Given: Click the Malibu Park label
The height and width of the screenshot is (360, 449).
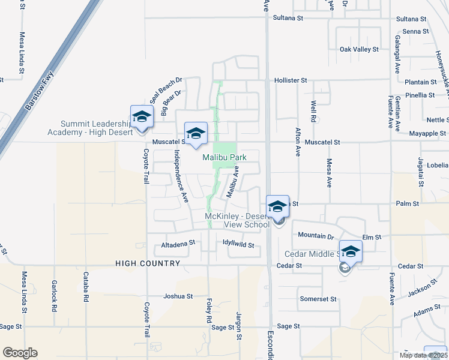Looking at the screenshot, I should click(x=224, y=157).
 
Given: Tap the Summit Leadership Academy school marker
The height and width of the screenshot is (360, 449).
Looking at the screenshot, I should click(x=142, y=117).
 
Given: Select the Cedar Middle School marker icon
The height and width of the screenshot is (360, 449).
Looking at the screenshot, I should click(x=351, y=251).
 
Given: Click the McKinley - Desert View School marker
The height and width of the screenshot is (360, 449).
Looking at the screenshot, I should click(x=277, y=206).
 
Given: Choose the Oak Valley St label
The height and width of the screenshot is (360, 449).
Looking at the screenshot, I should click(x=359, y=49).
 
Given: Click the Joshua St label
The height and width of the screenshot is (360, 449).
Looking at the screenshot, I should click(x=178, y=296).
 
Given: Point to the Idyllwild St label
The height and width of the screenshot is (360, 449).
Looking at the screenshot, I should click(x=239, y=245).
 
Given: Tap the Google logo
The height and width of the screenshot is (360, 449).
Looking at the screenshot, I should click(x=20, y=353).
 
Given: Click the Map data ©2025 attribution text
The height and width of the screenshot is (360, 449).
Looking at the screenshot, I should click(x=421, y=355).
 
